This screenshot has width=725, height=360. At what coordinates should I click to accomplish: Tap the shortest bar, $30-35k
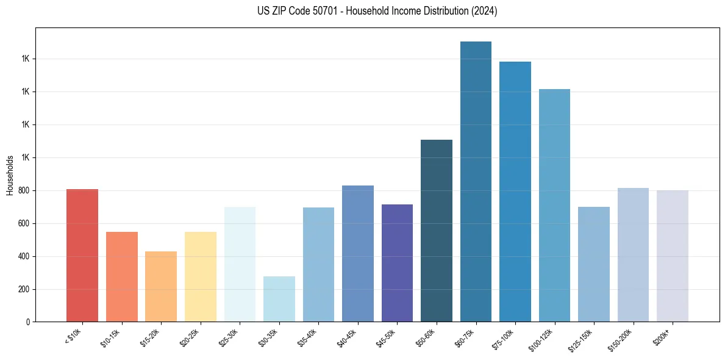coord(279,299)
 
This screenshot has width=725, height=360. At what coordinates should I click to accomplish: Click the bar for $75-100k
coord(515,192)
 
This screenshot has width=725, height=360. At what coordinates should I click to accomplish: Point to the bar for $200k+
coord(672,256)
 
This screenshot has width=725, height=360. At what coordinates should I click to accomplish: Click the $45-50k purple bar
coord(397,263)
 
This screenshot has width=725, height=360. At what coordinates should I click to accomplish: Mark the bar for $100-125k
coord(554,205)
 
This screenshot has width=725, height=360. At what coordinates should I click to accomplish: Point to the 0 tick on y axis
coord(28,322)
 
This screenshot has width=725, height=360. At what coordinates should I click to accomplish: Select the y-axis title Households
coord(10,175)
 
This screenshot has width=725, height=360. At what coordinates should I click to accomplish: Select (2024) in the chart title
coord(482,11)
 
